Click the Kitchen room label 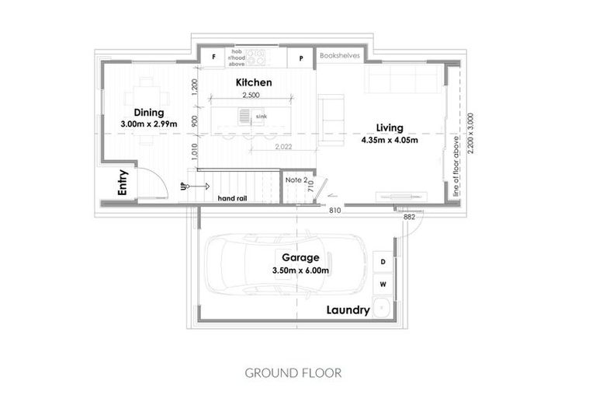click(253, 82)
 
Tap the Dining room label click(148, 113)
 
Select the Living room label click(389, 128)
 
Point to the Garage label click(300, 258)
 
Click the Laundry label click(347, 309)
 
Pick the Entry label click(122, 182)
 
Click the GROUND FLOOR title click(293, 372)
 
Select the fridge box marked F click(213, 58)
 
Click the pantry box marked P click(300, 58)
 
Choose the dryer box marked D click(383, 263)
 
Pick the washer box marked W click(383, 284)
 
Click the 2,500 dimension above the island click(251, 95)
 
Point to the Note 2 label click(294, 180)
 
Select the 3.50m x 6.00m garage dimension click(301, 271)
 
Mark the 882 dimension click(410, 217)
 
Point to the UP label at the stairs click(184, 187)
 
